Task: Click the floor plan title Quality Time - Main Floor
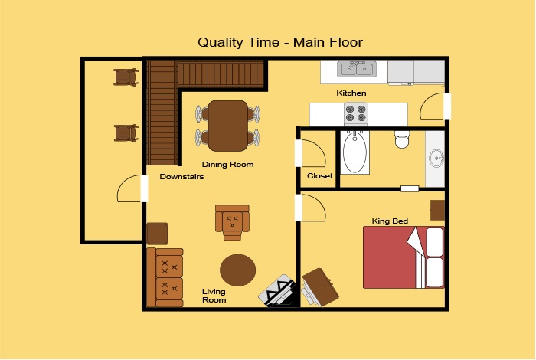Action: point(280,42)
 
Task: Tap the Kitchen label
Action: point(351,93)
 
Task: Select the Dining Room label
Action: point(227,165)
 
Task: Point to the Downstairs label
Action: point(181,177)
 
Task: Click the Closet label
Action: point(319,175)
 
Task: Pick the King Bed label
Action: point(390,221)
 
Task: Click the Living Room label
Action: point(214,296)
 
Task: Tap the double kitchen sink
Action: point(357,69)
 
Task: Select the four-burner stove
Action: point(356,114)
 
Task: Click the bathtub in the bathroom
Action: point(355,152)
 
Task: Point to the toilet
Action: point(402,139)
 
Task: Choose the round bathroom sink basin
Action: point(436,158)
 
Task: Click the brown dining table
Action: point(228,126)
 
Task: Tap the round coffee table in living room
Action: point(237,270)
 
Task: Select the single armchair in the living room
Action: point(232,222)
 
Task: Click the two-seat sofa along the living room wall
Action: point(165,277)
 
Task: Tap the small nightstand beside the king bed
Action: point(437,210)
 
